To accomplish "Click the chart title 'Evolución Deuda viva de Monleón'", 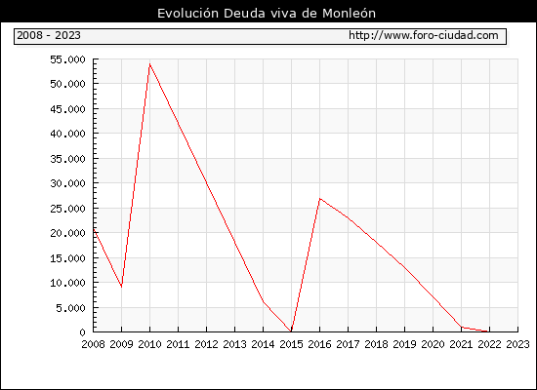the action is pos(267,14).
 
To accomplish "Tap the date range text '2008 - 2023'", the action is pos(49,35).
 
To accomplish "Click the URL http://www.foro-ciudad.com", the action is pos(424,35).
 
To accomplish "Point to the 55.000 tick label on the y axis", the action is pos(67,59).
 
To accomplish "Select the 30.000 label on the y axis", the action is pos(67,183).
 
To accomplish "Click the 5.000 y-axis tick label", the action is pos(71,308).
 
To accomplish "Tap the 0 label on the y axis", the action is pos(82,332).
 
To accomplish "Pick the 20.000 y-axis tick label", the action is pos(67,233).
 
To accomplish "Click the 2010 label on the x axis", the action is pos(149,344).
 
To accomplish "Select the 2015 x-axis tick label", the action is pos(291,344).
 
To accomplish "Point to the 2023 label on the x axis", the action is pos(517,344).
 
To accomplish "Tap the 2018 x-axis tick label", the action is pos(376,344).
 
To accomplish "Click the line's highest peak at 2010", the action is pos(149,64).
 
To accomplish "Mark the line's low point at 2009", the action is pos(122,287).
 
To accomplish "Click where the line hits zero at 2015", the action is pos(291,331).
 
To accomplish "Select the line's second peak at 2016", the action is pos(319,199).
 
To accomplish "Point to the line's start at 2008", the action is pos(94,229).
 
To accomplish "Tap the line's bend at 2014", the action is pos(263,301).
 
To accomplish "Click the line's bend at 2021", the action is pos(461,327).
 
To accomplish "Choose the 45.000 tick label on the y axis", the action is pos(67,109).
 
